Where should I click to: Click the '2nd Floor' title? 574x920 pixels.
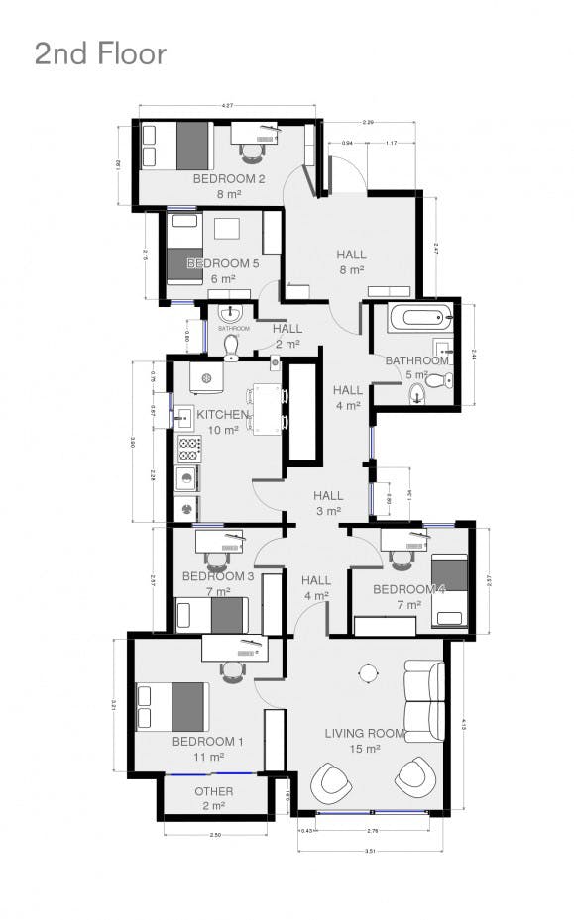tap(100, 53)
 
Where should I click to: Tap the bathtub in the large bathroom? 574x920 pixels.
tap(420, 320)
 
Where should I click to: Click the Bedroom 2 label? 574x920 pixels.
tap(228, 179)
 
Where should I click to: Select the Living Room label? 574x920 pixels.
tap(366, 733)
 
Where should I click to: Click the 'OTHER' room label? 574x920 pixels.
tap(214, 791)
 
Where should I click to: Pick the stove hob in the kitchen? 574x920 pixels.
tap(189, 449)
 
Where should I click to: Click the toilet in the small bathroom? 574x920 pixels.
tap(231, 344)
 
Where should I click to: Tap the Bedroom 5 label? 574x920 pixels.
tap(223, 263)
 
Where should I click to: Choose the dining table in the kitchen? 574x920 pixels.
tap(266, 408)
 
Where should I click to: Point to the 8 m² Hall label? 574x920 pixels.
tap(351, 256)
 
